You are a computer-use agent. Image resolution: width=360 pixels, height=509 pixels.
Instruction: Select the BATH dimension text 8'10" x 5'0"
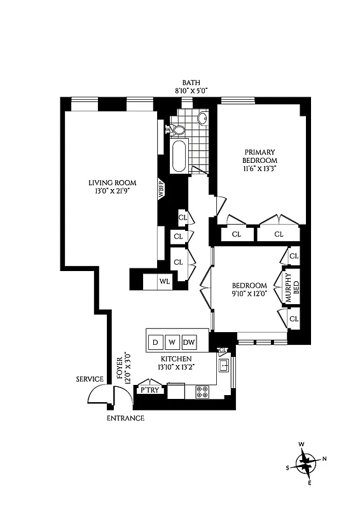tap(191, 91)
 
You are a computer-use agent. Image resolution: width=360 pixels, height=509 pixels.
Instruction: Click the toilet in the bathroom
tap(177, 130)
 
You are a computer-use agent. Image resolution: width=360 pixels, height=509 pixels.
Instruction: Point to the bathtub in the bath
tap(179, 157)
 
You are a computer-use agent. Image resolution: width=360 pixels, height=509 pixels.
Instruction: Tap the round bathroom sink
tap(203, 118)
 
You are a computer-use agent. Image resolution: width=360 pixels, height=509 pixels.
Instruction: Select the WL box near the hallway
tap(165, 281)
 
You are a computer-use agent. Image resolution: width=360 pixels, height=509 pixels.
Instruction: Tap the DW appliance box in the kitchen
tap(189, 342)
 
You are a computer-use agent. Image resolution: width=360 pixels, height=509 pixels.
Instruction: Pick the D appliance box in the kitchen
tap(155, 342)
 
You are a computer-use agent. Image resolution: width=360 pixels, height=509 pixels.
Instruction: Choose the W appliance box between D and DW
tap(172, 342)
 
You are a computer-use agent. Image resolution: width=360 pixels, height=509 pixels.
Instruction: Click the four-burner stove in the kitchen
tap(202, 392)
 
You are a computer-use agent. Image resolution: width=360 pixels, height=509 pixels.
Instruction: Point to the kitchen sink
tap(224, 366)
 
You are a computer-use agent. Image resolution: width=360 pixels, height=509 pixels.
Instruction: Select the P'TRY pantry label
tap(150, 390)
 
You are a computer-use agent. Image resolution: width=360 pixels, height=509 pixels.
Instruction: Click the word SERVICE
tap(90, 379)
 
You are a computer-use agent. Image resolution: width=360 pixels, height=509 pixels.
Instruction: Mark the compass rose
tap(308, 461)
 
